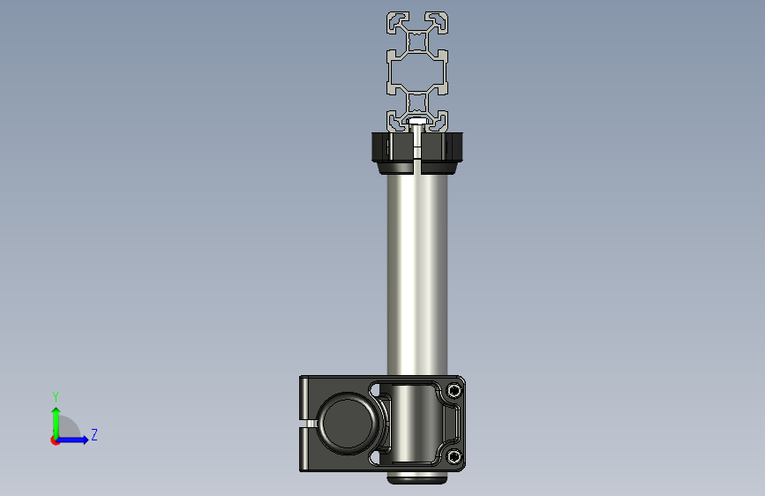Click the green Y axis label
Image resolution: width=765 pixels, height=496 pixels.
pos(56,396)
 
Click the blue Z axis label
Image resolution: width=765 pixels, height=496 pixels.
pos(94,434)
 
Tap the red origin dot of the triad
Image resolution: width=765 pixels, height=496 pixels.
pos(55,440)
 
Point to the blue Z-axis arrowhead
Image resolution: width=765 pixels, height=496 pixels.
pos(86,440)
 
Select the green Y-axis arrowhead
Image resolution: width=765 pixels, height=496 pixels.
pos(56,411)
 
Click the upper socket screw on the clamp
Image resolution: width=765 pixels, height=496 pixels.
pos(454,391)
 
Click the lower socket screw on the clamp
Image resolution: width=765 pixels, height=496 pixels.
pos(454,456)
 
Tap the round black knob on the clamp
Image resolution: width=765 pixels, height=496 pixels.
pos(348,424)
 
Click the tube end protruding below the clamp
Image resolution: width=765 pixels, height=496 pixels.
pos(417,478)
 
